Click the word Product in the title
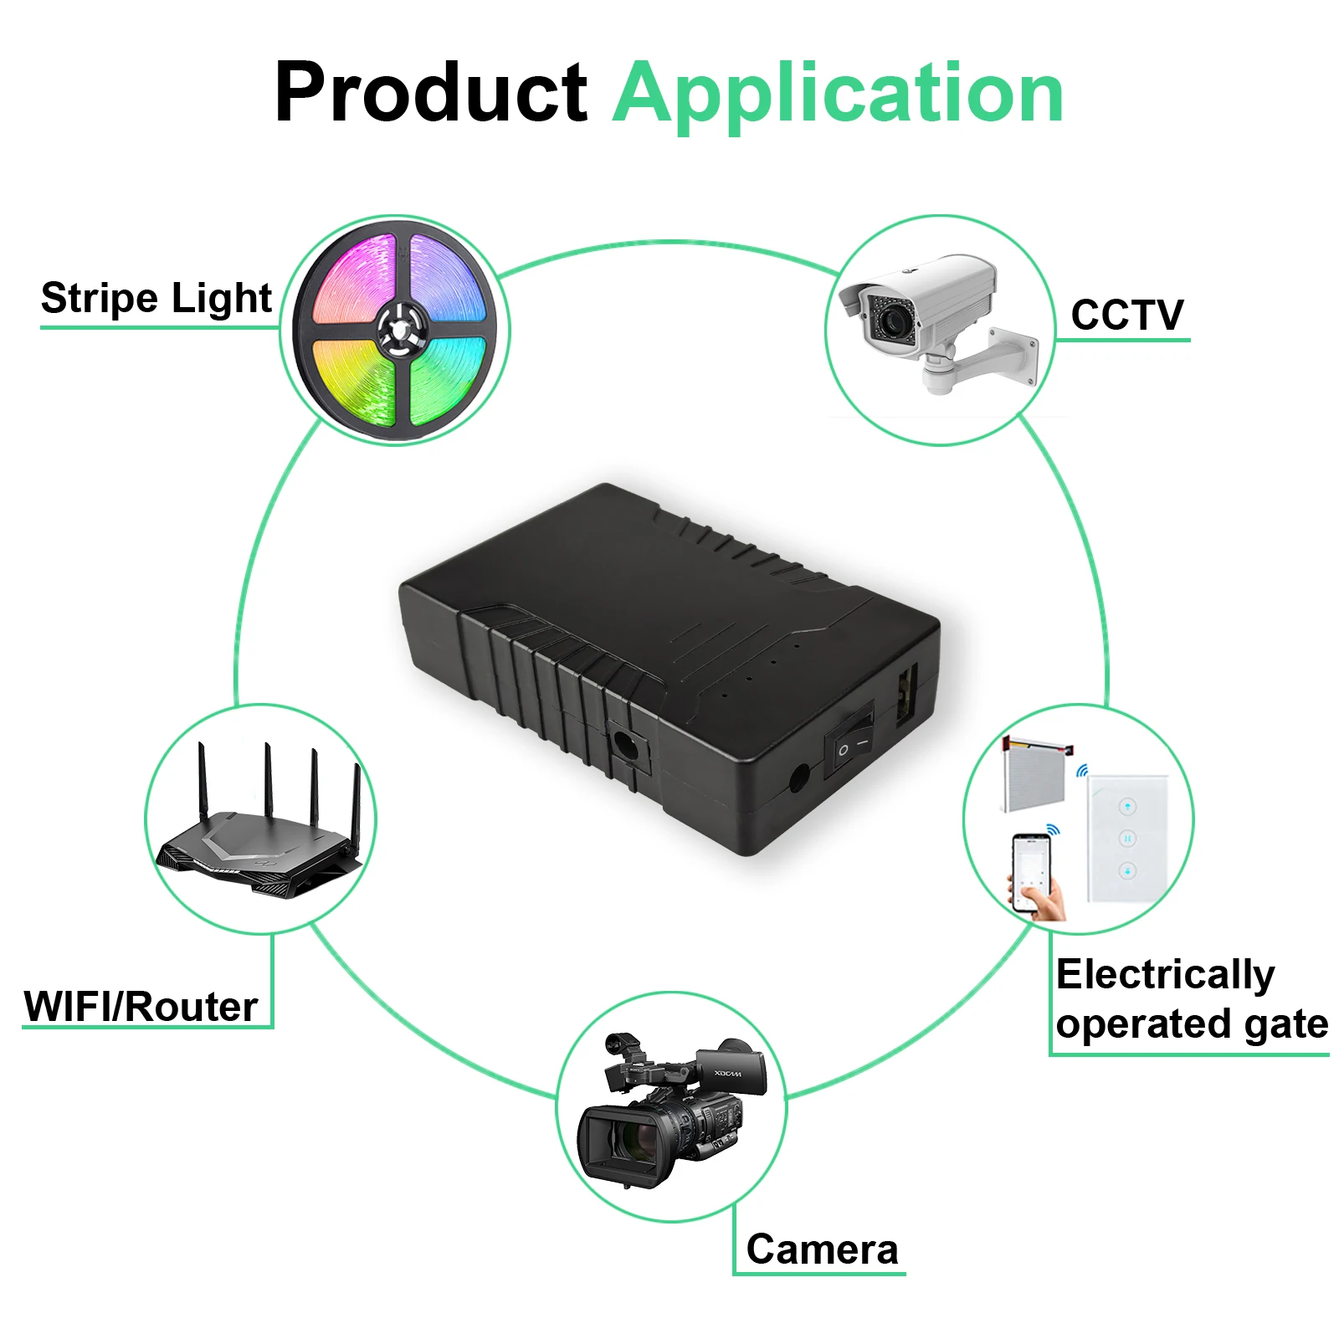(430, 94)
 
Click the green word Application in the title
(838, 94)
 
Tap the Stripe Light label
(156, 299)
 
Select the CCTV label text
(1126, 316)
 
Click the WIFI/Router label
(141, 1006)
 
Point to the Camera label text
(822, 1249)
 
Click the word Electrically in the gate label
(1164, 974)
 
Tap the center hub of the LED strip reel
(398, 329)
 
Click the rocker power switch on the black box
(850, 741)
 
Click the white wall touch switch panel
(1126, 838)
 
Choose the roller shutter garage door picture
(1034, 775)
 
